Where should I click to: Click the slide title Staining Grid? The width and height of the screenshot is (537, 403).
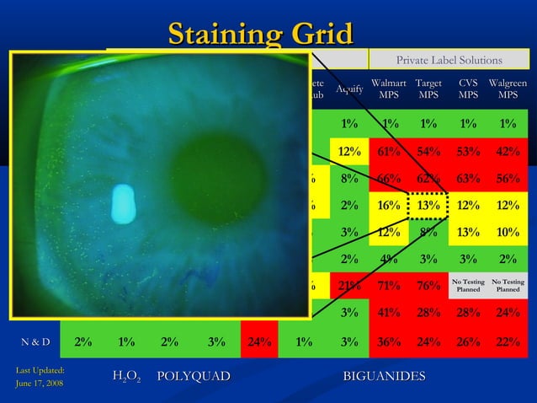pyautogui.click(x=259, y=35)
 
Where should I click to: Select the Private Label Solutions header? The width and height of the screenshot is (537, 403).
pyautogui.click(x=449, y=60)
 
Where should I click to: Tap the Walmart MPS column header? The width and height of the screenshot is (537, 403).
pyautogui.click(x=388, y=89)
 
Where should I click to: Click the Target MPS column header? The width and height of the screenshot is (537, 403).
pyautogui.click(x=428, y=89)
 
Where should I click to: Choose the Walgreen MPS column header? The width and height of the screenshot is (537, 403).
pyautogui.click(x=508, y=89)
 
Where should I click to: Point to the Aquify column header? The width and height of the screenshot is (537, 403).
pyautogui.click(x=349, y=89)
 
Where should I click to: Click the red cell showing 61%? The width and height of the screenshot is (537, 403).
pyautogui.click(x=388, y=151)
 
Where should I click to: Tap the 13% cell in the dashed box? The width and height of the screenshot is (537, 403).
pyautogui.click(x=428, y=205)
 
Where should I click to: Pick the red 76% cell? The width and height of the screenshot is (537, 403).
pyautogui.click(x=428, y=286)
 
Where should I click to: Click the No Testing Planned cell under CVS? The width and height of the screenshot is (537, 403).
pyautogui.click(x=468, y=286)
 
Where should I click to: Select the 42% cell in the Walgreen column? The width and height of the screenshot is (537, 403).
pyautogui.click(x=508, y=151)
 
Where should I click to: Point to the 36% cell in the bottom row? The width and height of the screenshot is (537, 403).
pyautogui.click(x=388, y=341)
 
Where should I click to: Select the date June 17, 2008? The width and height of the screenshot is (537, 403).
pyautogui.click(x=32, y=384)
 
